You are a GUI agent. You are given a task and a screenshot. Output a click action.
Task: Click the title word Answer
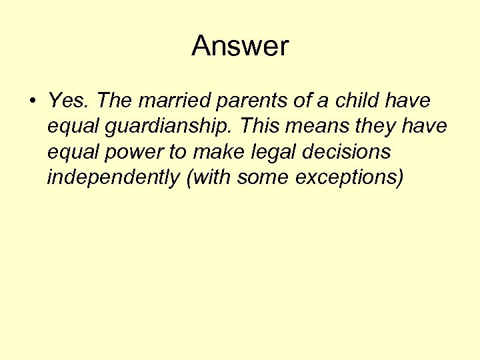(240, 46)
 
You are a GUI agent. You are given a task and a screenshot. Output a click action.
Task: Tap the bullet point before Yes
(31, 102)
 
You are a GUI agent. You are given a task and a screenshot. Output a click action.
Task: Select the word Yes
(69, 101)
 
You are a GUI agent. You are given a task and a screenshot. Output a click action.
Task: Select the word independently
(114, 179)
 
